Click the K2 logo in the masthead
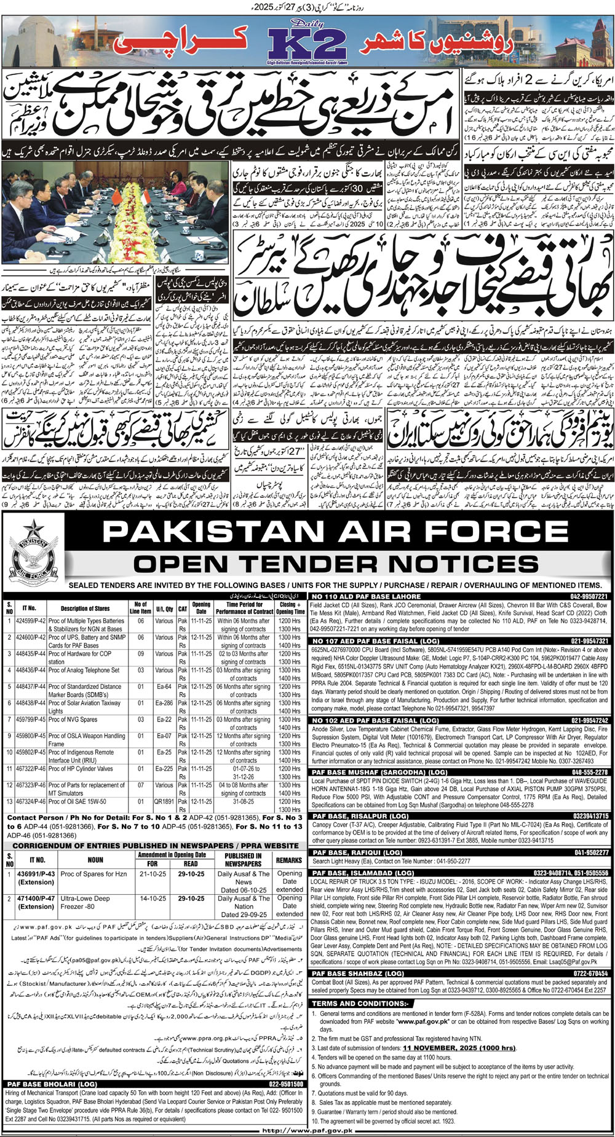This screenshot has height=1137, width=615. point(307,44)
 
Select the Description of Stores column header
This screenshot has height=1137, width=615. point(85,608)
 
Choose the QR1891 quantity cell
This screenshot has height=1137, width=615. point(164,801)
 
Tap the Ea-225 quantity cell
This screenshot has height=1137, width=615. point(164,768)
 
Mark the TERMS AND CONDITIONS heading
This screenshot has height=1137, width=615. point(359,1003)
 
